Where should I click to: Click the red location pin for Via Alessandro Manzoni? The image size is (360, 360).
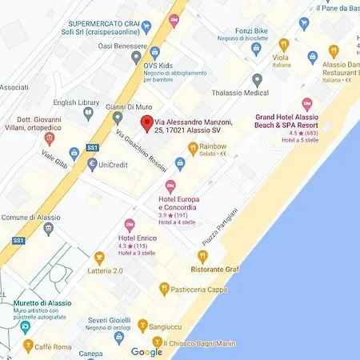[146, 122]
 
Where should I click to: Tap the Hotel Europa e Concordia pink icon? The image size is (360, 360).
[170, 186]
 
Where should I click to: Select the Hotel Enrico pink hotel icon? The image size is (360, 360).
[130, 226]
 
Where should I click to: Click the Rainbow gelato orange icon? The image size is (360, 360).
[193, 147]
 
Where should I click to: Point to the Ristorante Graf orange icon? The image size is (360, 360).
[202, 257]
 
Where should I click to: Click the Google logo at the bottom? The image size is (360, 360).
[146, 352]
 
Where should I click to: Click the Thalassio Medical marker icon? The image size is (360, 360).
[257, 80]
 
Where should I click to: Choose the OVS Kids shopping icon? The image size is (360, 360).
[136, 58]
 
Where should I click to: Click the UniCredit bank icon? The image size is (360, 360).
[92, 164]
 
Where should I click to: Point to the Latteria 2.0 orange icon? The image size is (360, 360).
[99, 258]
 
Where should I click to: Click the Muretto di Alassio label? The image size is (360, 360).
[42, 303]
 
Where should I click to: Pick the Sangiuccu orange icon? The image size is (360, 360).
[142, 326]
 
